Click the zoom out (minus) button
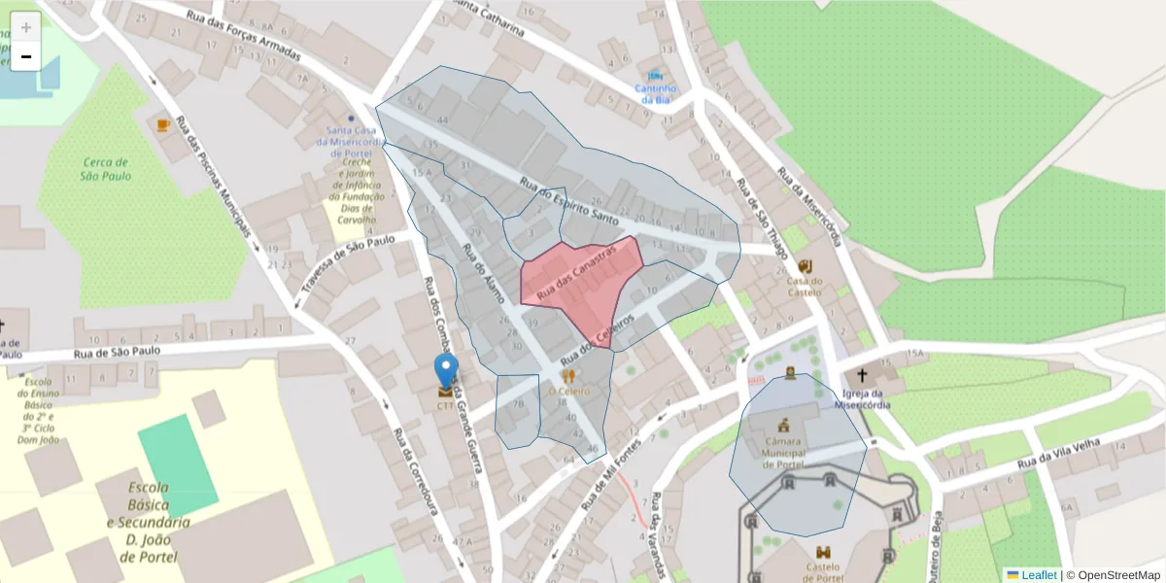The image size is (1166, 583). tap(26, 57)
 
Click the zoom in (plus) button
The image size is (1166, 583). tap(26, 27)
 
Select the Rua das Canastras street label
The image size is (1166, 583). tap(577, 271)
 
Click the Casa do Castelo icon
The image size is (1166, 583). tap(805, 266)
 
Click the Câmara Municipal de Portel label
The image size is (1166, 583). tap(783, 452)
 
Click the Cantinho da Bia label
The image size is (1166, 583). tap(654, 93)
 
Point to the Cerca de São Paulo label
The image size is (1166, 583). tap(106, 169)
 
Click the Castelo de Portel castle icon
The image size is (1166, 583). tap(824, 552)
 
